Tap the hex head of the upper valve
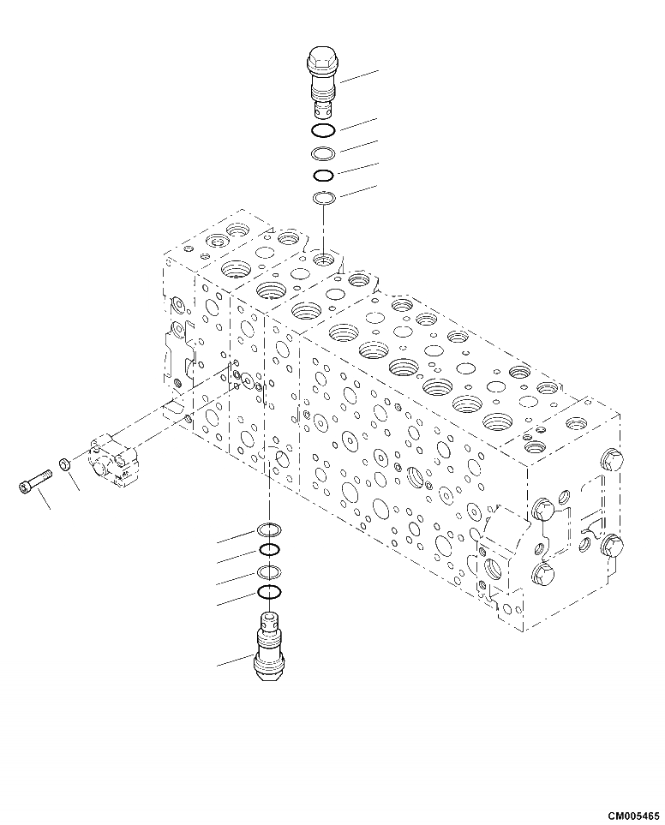322,61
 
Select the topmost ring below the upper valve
323,131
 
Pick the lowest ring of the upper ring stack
323,199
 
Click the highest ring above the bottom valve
268,529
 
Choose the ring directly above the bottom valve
268,593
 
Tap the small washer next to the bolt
65,466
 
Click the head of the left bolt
23,488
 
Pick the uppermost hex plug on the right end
612,459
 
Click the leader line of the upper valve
358,76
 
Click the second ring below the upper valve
323,153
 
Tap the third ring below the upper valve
323,176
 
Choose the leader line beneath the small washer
73,481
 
